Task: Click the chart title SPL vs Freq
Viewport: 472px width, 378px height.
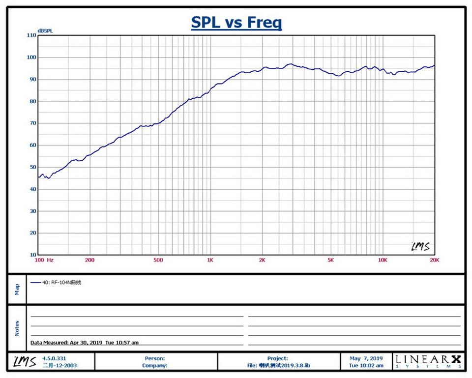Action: point(236,23)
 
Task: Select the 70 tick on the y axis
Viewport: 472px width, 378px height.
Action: point(32,123)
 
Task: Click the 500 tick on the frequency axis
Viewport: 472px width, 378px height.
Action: point(158,261)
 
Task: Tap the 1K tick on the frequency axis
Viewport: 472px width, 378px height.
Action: point(210,261)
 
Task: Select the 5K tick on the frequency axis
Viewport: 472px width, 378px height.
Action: point(330,261)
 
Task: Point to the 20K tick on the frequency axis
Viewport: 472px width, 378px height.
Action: point(434,261)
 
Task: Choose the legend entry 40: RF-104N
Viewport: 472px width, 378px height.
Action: point(56,283)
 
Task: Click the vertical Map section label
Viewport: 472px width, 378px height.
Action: point(17,289)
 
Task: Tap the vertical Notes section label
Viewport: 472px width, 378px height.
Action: point(17,328)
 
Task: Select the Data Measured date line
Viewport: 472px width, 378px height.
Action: point(85,343)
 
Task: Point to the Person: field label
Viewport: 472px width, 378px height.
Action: point(155,358)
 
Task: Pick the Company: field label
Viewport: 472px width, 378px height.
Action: point(154,365)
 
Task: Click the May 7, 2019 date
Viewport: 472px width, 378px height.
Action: point(366,358)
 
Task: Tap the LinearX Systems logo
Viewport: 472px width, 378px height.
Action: point(428,362)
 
